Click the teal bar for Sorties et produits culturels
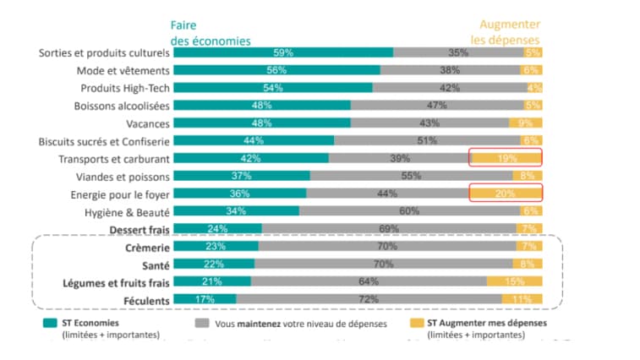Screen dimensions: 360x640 pos(282,52)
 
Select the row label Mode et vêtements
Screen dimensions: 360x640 pos(123,70)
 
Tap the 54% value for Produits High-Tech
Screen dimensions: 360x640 pos(273,88)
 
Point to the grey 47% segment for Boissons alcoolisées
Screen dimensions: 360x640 pos(436,106)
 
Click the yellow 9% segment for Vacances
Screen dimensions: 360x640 pos(525,123)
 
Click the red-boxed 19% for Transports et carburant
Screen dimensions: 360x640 pos(506,158)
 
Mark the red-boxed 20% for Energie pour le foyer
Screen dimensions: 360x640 pos(506,194)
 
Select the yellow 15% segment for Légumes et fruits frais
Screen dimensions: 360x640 pos(514,282)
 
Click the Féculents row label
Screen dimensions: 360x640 pos(145,300)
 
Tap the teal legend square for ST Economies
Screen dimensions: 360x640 pos(50,323)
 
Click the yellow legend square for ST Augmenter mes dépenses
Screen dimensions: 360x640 pos(417,323)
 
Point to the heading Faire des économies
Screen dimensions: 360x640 pos(211,32)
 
